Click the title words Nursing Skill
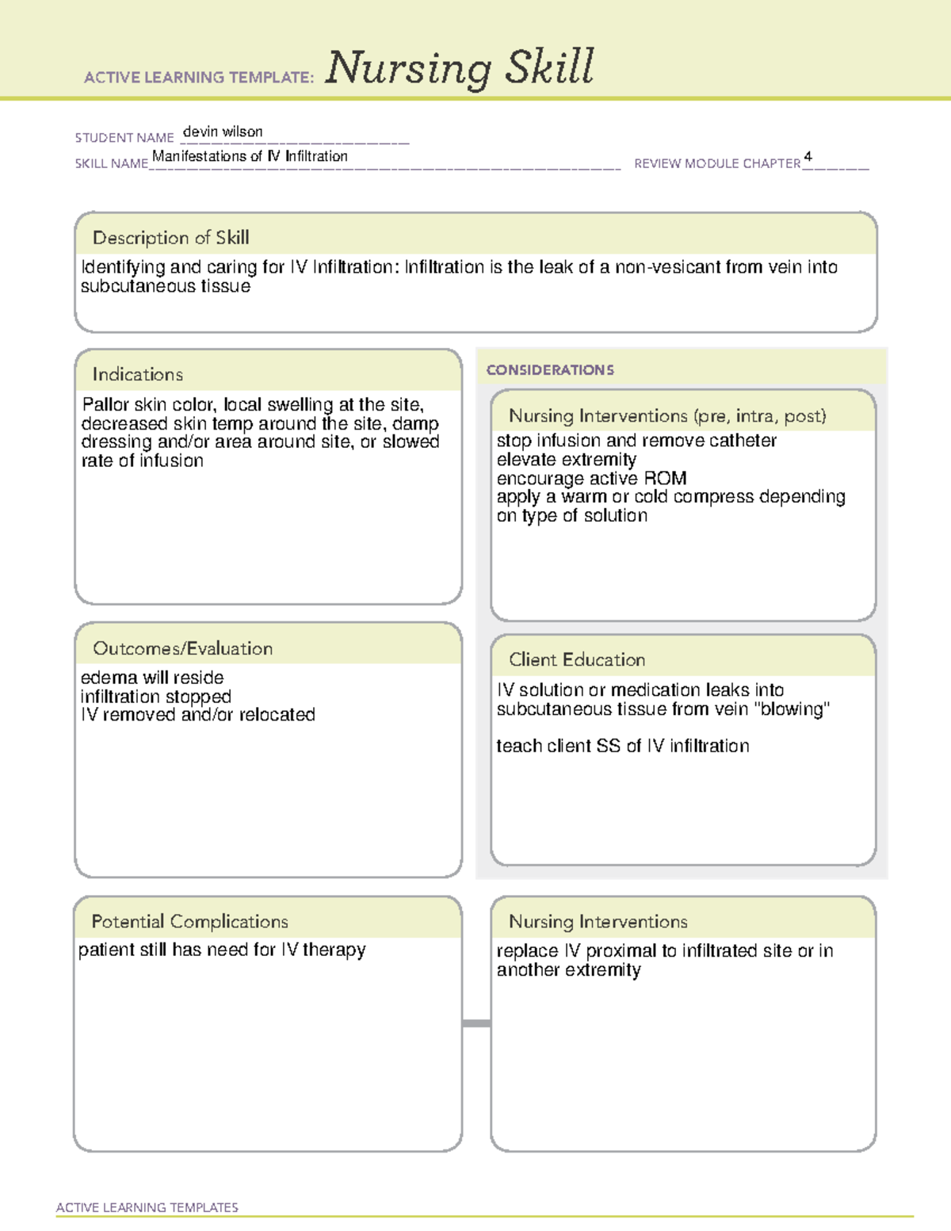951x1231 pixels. (460, 68)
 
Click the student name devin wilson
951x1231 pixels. (223, 132)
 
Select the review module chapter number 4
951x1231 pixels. (808, 156)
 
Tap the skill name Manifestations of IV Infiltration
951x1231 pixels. (250, 156)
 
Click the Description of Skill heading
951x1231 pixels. (170, 238)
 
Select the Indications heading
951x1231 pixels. (137, 374)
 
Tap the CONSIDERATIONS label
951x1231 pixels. (550, 370)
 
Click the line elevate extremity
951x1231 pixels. (566, 460)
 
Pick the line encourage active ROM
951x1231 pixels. (591, 479)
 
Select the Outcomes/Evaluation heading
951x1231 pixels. (182, 648)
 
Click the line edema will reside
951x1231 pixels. (152, 678)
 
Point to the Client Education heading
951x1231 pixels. (577, 659)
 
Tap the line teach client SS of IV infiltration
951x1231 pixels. (622, 746)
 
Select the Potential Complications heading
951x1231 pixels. (189, 922)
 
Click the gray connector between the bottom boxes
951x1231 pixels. (476, 1023)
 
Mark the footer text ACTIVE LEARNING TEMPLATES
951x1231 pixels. (147, 1207)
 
